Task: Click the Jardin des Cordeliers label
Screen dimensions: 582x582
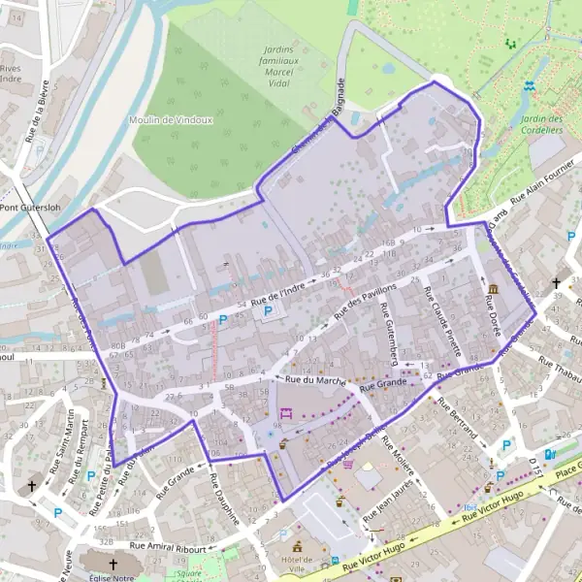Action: (541, 123)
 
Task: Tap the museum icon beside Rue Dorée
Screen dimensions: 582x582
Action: (495, 290)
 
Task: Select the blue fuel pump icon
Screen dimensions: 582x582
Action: (550, 454)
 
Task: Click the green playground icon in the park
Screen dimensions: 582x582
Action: (510, 44)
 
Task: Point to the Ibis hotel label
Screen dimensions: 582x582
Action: (470, 506)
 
